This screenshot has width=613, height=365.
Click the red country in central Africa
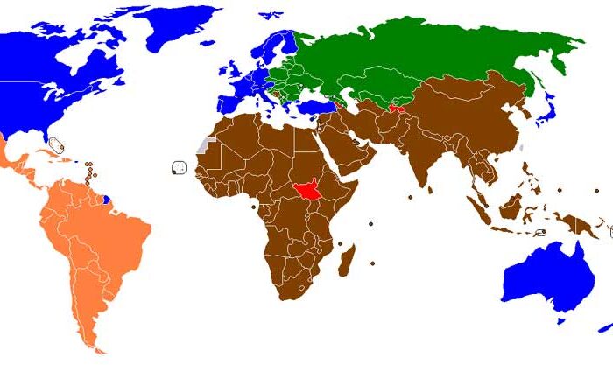[x=306, y=187]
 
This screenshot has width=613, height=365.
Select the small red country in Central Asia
[x=397, y=109]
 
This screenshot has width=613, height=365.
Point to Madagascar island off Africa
[x=347, y=260]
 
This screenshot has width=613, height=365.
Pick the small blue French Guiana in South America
[x=107, y=199]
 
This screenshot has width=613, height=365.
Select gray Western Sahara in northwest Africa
[x=205, y=143]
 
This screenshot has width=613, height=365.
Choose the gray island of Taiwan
[x=521, y=147]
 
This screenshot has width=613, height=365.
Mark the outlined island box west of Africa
[x=180, y=166]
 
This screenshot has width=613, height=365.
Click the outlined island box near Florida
[x=57, y=144]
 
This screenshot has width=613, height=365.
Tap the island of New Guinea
[x=578, y=224]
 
